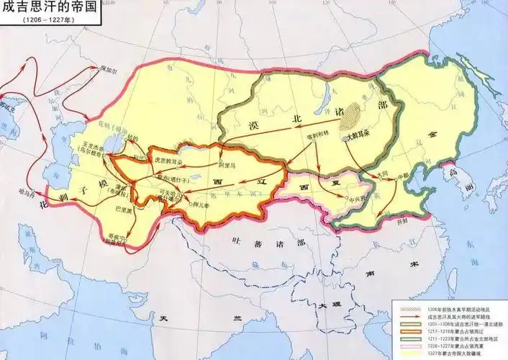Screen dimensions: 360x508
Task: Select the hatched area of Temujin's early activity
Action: pos(352,114)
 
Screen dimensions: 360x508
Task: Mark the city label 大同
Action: pos(368,174)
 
